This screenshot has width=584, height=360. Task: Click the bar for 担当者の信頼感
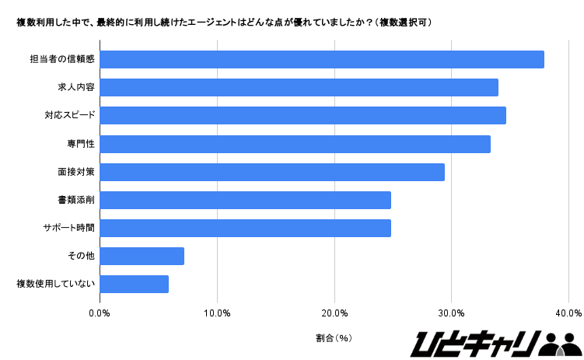(x=322, y=59)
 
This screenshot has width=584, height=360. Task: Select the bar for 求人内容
(x=299, y=87)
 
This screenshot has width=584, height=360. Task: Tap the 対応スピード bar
(x=303, y=115)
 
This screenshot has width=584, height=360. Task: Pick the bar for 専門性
(x=295, y=144)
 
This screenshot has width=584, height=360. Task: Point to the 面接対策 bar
(x=272, y=172)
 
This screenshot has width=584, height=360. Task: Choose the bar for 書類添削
(x=246, y=200)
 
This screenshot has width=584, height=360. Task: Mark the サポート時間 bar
(x=246, y=228)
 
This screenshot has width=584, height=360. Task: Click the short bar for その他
(x=142, y=256)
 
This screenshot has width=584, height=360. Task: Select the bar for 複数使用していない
(x=135, y=284)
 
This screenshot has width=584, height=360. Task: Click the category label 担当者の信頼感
(x=62, y=59)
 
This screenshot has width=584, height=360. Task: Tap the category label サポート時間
(x=69, y=228)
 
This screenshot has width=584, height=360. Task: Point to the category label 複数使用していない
(x=55, y=284)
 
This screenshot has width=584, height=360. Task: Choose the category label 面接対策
(x=76, y=172)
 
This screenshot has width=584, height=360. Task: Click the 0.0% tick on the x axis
(x=100, y=313)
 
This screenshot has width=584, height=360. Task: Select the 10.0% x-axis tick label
(x=217, y=313)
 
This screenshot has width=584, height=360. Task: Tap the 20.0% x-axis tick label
(x=334, y=313)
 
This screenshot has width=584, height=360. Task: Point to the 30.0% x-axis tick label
(x=452, y=313)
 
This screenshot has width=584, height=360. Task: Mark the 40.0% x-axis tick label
(x=568, y=313)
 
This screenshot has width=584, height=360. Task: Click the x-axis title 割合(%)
(x=334, y=338)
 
